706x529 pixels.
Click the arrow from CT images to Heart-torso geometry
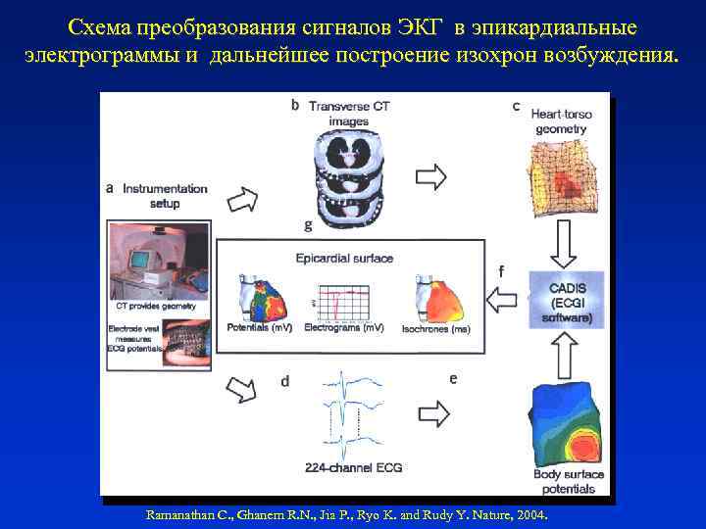(x=431, y=176)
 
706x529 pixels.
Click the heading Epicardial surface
(x=344, y=259)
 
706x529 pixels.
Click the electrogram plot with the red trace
(x=344, y=302)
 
